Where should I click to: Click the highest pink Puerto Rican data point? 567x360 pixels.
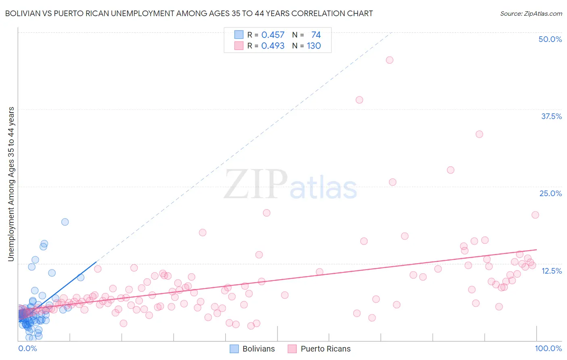(x=389, y=60)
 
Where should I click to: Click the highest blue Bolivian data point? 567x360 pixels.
(x=65, y=222)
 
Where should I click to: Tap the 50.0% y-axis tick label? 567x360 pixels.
(x=550, y=40)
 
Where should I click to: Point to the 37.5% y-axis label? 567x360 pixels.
(x=551, y=117)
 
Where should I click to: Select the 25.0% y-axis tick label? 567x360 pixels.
(x=550, y=194)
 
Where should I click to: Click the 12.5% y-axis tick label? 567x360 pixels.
(x=551, y=271)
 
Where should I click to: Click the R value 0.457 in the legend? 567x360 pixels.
(x=273, y=35)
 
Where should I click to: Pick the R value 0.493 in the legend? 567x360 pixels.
(x=273, y=46)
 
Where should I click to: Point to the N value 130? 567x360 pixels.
(x=314, y=46)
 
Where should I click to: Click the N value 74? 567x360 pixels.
(x=316, y=35)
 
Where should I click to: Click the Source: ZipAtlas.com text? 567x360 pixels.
(x=531, y=14)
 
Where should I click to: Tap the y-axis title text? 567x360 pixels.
(x=11, y=184)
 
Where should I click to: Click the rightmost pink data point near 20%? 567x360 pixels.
(x=535, y=215)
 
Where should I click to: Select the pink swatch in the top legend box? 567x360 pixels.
(x=239, y=46)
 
